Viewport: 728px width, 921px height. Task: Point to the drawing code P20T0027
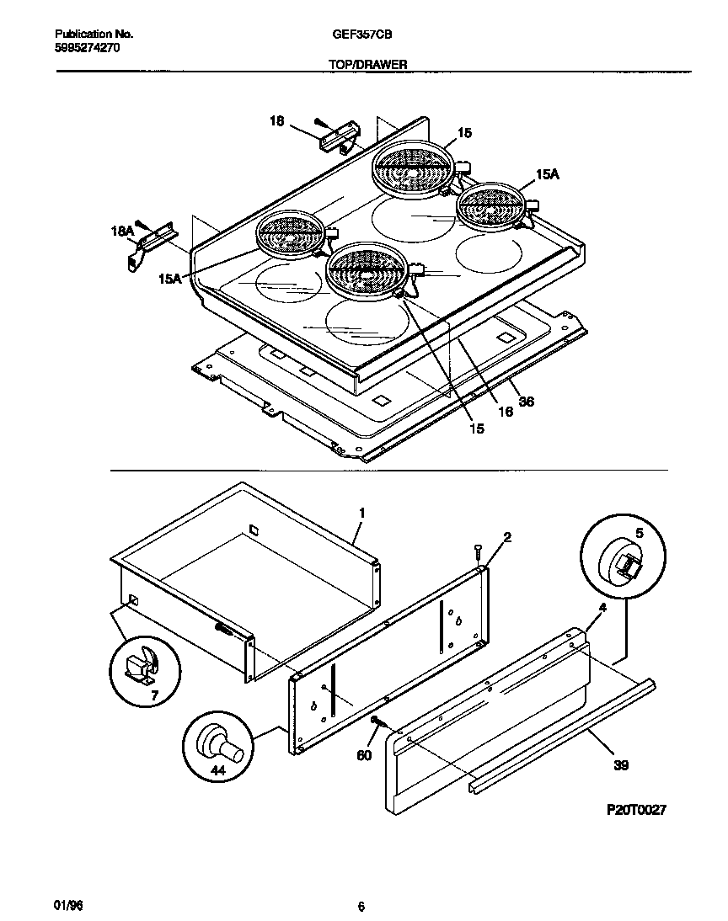(x=636, y=809)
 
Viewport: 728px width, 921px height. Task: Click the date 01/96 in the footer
(x=69, y=906)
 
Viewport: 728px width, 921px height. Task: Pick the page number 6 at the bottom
(x=361, y=907)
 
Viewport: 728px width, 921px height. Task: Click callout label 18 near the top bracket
(x=276, y=121)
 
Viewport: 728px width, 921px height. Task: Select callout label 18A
(x=123, y=230)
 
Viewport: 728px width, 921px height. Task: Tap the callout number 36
(x=526, y=402)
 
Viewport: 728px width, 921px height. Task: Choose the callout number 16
(x=505, y=412)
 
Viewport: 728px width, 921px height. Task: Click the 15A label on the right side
(x=547, y=174)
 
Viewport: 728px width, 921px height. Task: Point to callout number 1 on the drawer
(x=361, y=513)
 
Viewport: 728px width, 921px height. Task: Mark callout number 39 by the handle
(x=621, y=765)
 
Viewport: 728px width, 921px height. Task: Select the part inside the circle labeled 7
(x=140, y=668)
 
